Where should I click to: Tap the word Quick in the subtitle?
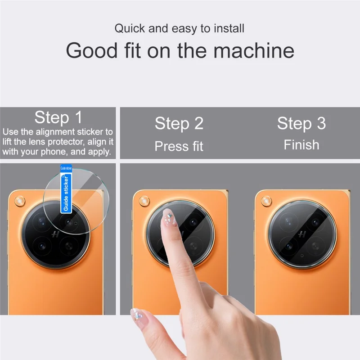[x=130, y=28]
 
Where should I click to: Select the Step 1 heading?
[x=58, y=117]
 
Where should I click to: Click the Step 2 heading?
[x=179, y=123]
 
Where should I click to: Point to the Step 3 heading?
[x=301, y=123]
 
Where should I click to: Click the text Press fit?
[x=179, y=146]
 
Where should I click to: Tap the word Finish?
[x=301, y=145]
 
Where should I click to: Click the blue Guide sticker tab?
[x=66, y=189]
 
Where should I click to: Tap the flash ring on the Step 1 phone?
[x=20, y=201]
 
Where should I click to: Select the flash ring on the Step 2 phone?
[x=144, y=201]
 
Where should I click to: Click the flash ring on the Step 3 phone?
[x=266, y=201]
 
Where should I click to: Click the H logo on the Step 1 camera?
[x=55, y=234]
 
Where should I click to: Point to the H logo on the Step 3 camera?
[x=302, y=234]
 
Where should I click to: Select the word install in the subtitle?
[x=229, y=28]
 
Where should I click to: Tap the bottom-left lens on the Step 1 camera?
[x=42, y=246]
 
